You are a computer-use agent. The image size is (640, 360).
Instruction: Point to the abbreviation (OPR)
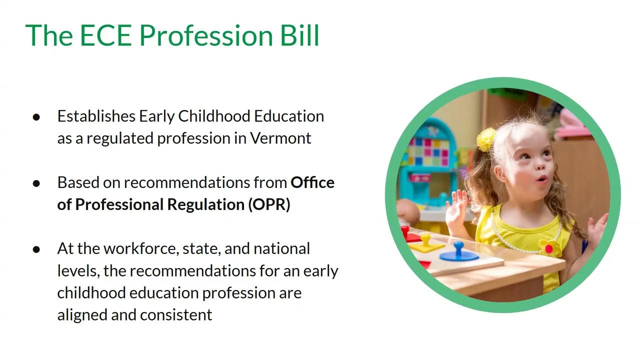click(x=269, y=204)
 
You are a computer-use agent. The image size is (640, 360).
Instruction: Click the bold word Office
click(x=312, y=182)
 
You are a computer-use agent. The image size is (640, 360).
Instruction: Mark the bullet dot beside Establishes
click(x=36, y=117)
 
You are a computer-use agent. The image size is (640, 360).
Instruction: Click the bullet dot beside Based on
click(x=36, y=183)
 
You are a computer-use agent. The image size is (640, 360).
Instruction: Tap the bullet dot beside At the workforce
click(x=36, y=249)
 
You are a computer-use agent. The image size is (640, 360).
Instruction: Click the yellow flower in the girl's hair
click(x=485, y=139)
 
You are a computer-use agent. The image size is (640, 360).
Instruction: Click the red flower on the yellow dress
click(x=548, y=248)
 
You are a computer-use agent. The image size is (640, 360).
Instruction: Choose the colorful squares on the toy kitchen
click(x=428, y=151)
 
